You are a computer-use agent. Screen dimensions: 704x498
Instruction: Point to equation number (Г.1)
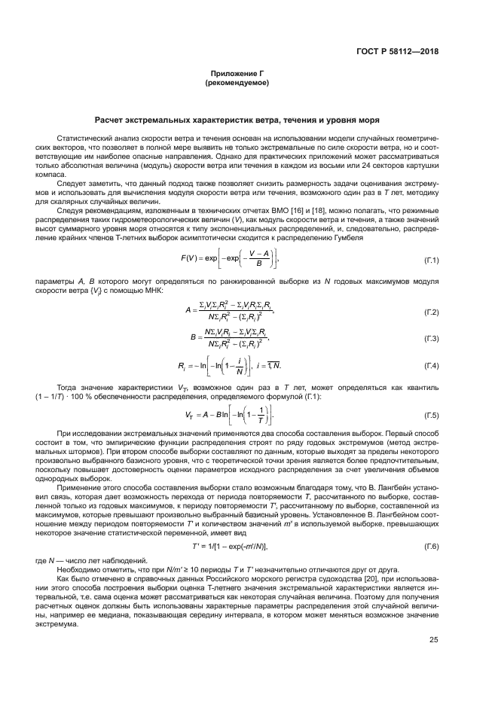(x=431, y=260)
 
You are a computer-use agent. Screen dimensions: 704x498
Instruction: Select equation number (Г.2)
(x=431, y=311)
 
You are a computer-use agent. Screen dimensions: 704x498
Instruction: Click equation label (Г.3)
(x=431, y=339)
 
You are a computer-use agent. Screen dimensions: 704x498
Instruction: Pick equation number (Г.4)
(x=431, y=367)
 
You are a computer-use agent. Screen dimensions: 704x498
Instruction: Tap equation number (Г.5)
(x=431, y=415)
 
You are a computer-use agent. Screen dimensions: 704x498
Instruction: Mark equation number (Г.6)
(x=431, y=545)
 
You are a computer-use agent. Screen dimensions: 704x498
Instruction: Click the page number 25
(x=433, y=640)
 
